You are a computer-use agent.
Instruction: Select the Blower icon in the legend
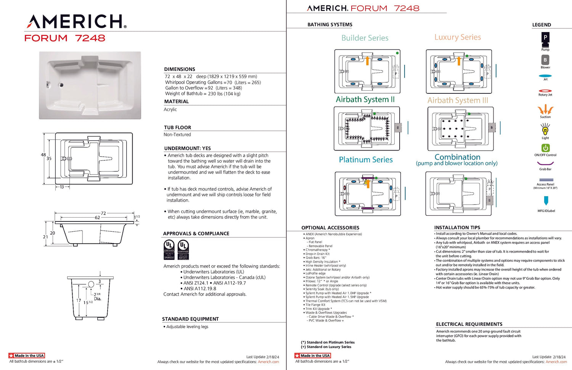(545, 60)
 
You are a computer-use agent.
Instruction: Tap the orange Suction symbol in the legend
(545, 110)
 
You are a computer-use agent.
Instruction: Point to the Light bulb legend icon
(545, 130)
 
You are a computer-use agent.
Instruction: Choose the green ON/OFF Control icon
(545, 148)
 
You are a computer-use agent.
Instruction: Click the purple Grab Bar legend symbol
(545, 164)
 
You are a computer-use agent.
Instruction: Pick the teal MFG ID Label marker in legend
(546, 200)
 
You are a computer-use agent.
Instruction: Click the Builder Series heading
(365, 38)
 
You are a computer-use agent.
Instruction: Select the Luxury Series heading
(458, 37)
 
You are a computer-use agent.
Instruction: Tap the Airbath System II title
(365, 99)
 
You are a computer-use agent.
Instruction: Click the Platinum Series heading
(366, 160)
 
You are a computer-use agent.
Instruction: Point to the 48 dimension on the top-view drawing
(43, 155)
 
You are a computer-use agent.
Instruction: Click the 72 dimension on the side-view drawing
(103, 213)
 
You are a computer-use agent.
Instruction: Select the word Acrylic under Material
(170, 109)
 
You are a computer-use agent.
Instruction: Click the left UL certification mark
(169, 250)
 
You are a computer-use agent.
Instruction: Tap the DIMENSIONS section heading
(180, 69)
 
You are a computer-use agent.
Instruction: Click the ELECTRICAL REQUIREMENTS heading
(469, 324)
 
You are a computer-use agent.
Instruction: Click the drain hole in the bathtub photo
(61, 85)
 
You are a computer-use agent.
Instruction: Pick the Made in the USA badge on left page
(27, 356)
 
